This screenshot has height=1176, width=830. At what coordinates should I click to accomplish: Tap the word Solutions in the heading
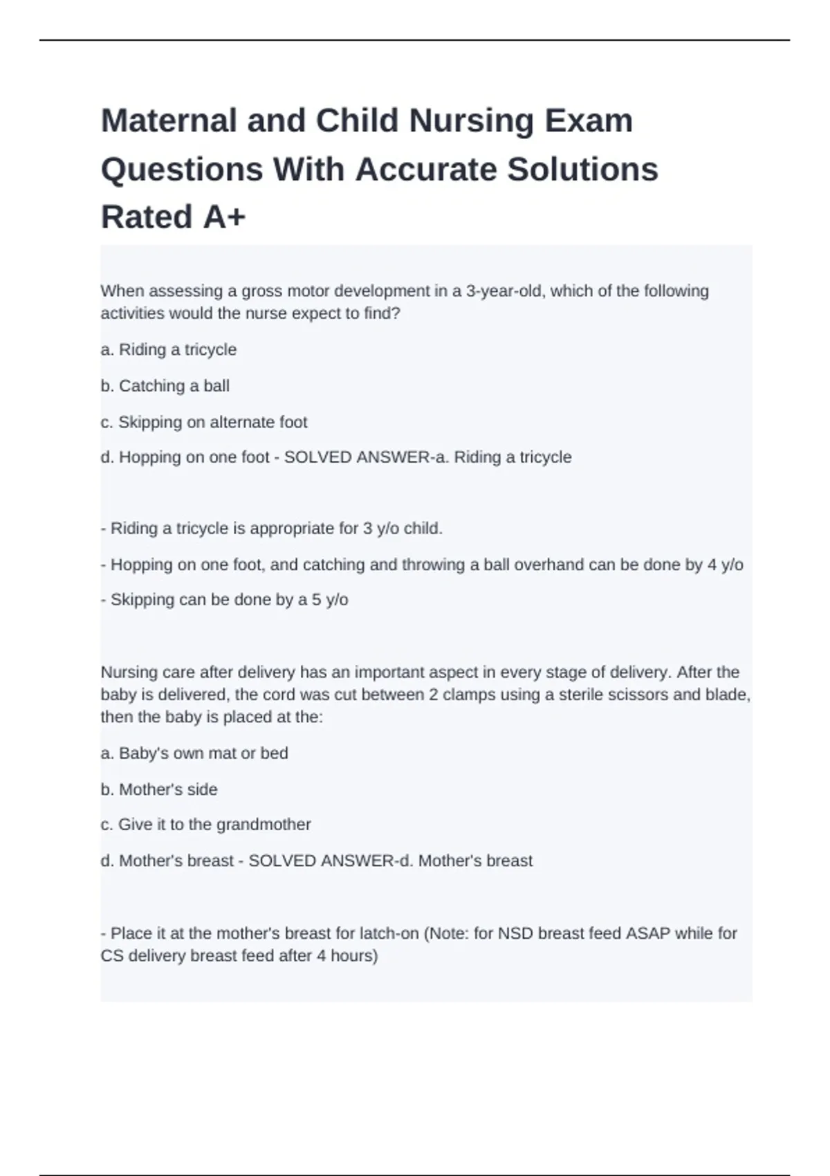582,169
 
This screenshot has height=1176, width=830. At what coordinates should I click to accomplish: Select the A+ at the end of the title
225,217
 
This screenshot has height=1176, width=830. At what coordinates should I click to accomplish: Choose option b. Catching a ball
165,386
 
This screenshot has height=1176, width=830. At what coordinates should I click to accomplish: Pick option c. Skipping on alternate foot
204,422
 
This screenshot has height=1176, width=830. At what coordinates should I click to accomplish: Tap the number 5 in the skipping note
316,600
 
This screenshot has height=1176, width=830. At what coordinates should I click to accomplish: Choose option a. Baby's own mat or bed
194,753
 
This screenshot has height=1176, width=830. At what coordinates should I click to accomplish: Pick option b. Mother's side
159,789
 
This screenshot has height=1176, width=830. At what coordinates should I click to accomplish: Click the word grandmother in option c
263,825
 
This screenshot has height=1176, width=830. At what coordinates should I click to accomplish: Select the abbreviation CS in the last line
111,956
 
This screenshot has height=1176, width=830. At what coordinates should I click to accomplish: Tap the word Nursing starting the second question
129,672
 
